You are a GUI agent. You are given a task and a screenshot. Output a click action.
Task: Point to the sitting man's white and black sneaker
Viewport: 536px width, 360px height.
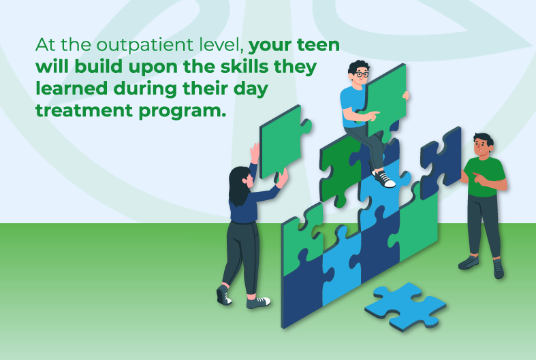pyautogui.click(x=384, y=180)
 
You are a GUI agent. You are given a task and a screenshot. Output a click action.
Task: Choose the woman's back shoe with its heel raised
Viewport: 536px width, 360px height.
pyautogui.click(x=223, y=294)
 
